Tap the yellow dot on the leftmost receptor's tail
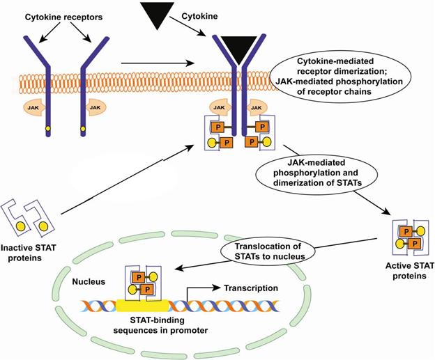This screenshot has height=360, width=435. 45,128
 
